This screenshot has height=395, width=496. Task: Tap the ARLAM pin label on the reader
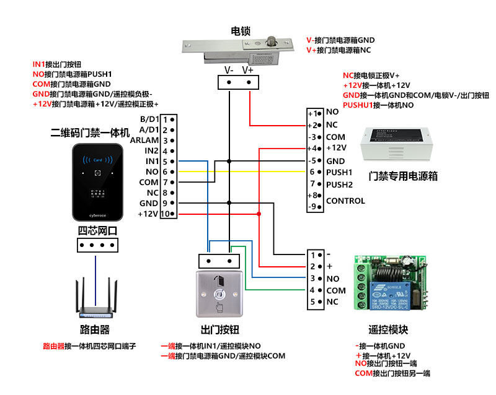(x=144, y=140)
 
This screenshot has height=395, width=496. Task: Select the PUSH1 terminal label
(x=339, y=171)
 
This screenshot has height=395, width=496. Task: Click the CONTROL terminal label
(x=345, y=201)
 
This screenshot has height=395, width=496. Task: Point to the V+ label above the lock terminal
(x=247, y=70)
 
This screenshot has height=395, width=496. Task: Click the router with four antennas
(x=94, y=298)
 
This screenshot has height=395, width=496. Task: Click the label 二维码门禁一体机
(x=90, y=132)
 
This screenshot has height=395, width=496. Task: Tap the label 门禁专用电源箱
(x=402, y=176)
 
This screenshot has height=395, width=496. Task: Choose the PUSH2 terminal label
(x=339, y=184)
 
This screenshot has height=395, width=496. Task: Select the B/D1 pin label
(x=149, y=119)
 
